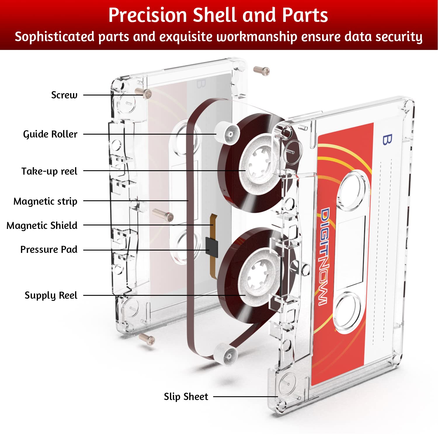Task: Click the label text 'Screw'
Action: pos(64,95)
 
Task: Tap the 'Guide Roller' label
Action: pos(50,134)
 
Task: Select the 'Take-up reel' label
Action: pos(49,171)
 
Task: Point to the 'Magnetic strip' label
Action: pos(45,201)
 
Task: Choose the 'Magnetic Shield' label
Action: pos(42,225)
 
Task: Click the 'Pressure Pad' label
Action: pos(49,250)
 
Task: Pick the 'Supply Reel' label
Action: pos(51,295)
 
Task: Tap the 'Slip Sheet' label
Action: pos(186,397)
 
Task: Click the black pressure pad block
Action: pos(212,247)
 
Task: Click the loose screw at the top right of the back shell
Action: pos(261,71)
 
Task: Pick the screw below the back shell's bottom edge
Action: pos(147,339)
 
